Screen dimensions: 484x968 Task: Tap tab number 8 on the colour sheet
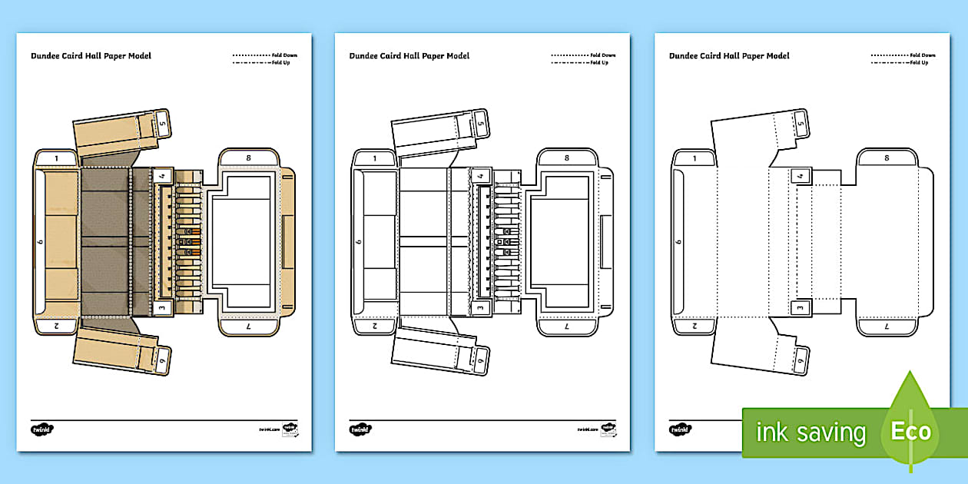pyautogui.click(x=248, y=157)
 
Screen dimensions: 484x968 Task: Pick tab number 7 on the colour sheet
pyautogui.click(x=248, y=327)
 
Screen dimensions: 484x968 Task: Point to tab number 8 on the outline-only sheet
pyautogui.click(x=887, y=157)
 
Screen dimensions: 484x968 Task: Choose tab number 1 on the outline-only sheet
pyautogui.click(x=695, y=158)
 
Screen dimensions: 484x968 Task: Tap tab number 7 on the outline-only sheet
pyautogui.click(x=887, y=327)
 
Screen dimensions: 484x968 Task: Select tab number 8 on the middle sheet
pyautogui.click(x=567, y=157)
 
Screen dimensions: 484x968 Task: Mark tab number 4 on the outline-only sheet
pyautogui.click(x=801, y=176)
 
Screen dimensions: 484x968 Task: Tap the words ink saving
pyautogui.click(x=811, y=433)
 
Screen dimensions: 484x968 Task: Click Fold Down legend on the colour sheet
pyautogui.click(x=284, y=55)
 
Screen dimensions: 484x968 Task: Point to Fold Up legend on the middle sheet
pyautogui.click(x=600, y=62)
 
